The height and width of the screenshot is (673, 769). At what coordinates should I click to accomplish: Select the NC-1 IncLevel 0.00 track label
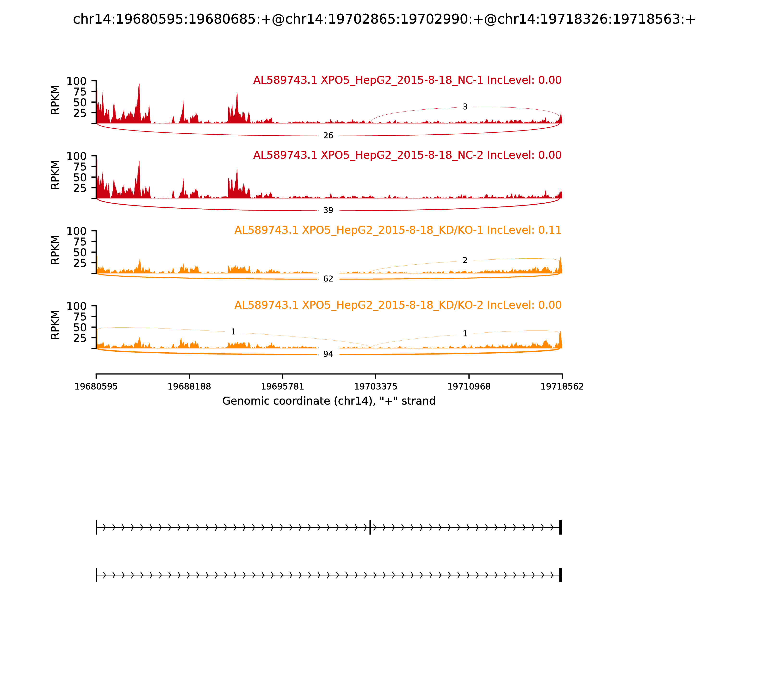407,80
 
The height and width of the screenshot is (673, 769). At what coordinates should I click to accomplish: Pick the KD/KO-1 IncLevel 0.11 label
398,230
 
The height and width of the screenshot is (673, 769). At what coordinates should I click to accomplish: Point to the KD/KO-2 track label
398,305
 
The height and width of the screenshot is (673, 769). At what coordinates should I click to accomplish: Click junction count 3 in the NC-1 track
465,107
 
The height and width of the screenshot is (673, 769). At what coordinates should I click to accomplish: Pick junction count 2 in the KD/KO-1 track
465,260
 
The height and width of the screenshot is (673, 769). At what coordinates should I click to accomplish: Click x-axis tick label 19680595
96,387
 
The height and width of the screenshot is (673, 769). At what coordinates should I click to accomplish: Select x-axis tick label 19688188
189,387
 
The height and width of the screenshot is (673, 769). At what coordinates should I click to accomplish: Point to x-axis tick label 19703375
375,387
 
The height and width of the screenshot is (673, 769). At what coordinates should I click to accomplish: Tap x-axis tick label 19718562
562,387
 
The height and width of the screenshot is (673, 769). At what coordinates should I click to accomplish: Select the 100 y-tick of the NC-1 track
77,81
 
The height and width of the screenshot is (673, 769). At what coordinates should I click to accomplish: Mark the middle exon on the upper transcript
370,527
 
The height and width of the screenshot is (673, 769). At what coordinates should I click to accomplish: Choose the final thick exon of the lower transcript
561,575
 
